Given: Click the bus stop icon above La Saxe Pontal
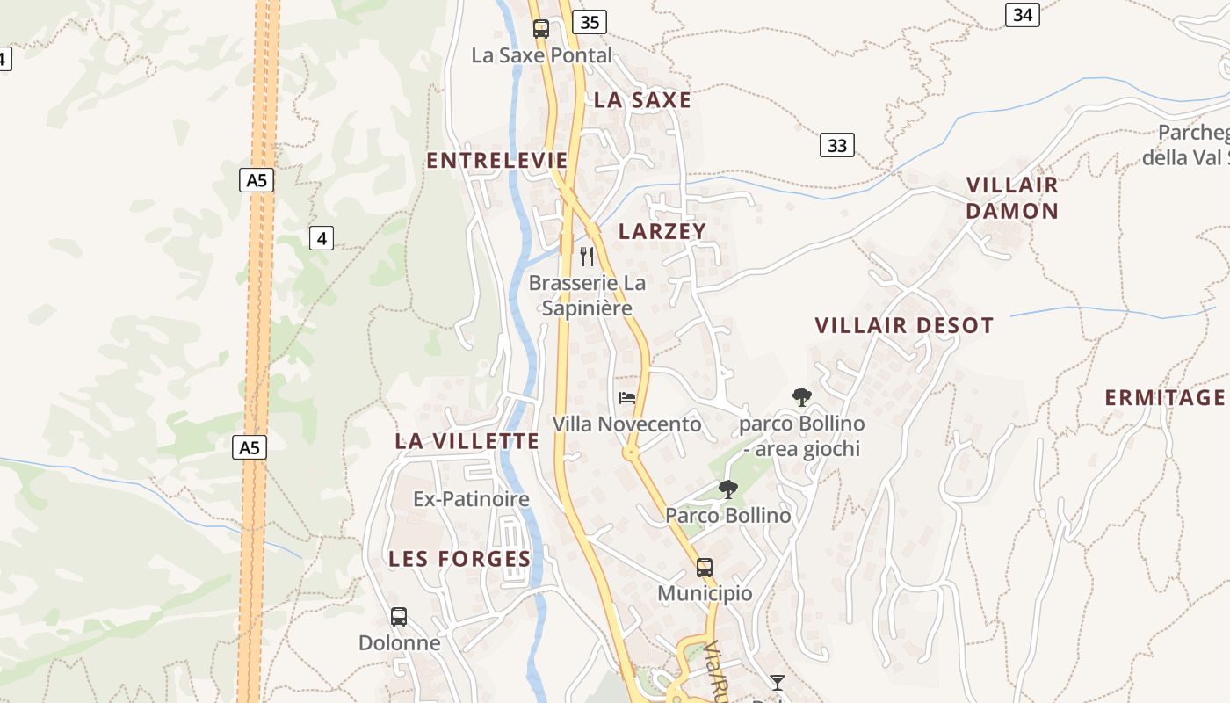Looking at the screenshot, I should tap(541, 29).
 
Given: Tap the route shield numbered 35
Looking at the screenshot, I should tap(590, 22).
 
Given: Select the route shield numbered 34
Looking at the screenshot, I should tap(1022, 15).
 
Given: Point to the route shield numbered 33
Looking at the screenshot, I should tap(837, 145).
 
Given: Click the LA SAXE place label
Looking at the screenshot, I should tap(642, 100).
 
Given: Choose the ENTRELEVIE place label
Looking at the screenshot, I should tap(497, 160).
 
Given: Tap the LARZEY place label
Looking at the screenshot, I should tap(662, 231).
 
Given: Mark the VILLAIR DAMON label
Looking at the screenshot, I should tap(1012, 198).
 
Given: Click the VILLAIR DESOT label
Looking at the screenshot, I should tap(904, 325).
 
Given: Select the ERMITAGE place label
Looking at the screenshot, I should tap(1165, 397).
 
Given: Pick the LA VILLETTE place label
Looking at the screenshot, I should tap(467, 441).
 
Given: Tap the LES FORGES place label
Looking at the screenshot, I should tap(459, 559).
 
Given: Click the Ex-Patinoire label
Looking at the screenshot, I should tap(471, 499).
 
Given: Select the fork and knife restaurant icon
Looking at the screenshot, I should tap(587, 257).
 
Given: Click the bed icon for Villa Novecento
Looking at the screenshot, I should tap(627, 398).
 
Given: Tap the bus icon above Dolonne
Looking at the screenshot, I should tap(399, 617).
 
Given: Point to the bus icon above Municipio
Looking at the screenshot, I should tap(705, 568).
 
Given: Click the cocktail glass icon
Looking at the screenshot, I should tap(778, 682).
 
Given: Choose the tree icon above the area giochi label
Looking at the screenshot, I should tap(801, 397).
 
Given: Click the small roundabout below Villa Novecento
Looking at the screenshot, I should tap(630, 453).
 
